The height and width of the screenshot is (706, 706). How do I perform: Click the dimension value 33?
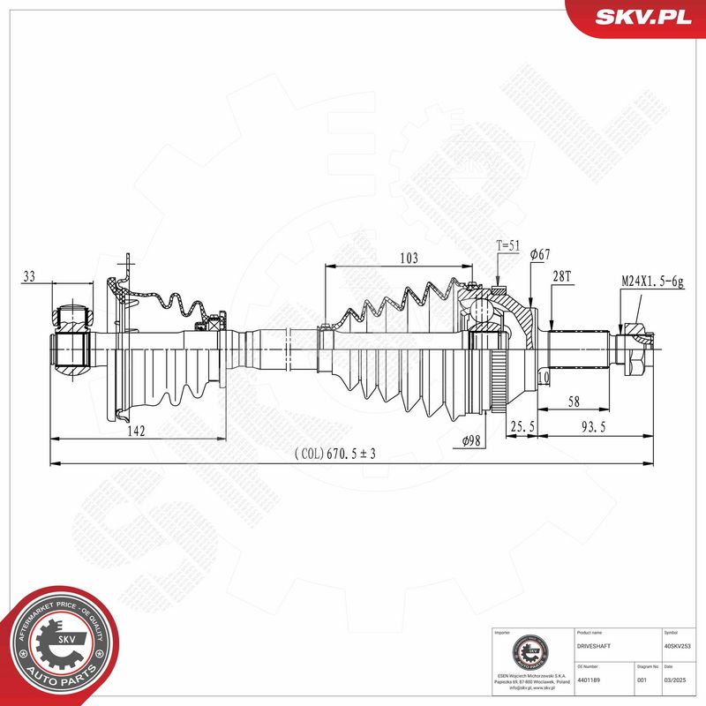tap(28, 276)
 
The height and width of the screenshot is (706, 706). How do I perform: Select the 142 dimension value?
tap(135, 431)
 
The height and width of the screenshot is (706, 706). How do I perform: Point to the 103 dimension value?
tap(408, 259)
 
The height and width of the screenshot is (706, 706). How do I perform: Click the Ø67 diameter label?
tap(540, 255)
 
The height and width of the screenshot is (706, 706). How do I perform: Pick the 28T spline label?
tap(562, 276)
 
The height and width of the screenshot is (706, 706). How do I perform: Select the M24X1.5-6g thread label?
tap(651, 280)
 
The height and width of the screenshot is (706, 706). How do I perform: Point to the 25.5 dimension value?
tap(522, 427)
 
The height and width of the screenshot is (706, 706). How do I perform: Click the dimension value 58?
tap(574, 402)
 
